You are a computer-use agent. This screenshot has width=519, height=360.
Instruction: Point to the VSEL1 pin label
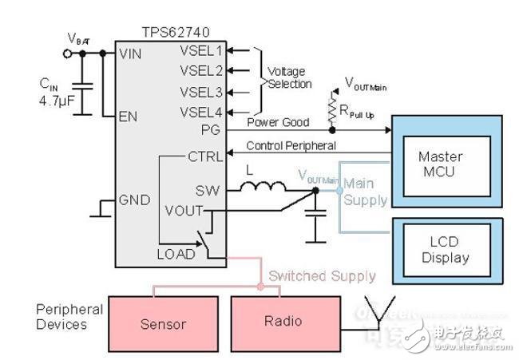[x=202, y=49]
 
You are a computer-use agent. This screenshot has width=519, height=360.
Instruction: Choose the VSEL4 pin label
[x=202, y=111]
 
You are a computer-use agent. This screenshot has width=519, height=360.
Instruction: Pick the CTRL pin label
[x=206, y=156]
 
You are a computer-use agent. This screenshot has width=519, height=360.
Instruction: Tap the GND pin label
[x=134, y=199]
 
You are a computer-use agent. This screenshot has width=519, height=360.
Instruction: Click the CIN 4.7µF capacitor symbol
[x=81, y=87]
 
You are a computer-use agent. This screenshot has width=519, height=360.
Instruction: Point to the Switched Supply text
[x=322, y=275]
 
